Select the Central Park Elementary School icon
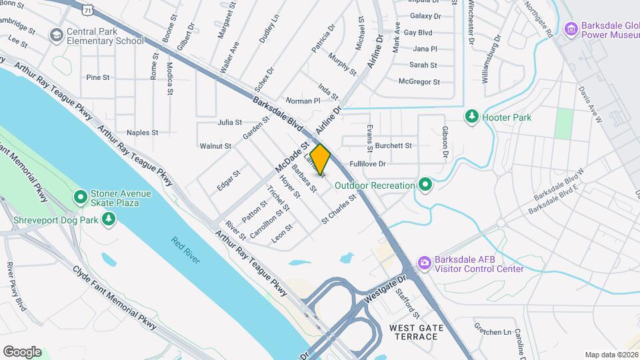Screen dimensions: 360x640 coord(57,35)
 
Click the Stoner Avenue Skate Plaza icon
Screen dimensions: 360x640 coord(80,197)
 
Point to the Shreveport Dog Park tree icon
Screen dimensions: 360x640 coord(108,219)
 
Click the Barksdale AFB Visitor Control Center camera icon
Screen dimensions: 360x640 coord(423,264)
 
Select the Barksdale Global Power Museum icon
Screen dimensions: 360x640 coord(570,29)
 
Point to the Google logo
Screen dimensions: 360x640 coord(22,352)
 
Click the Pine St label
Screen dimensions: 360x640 coord(98,77)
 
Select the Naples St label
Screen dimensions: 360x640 coord(142,133)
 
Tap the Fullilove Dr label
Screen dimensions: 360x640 coord(368,163)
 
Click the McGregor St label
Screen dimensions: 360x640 coord(419,82)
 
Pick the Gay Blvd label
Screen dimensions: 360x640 coord(418,32)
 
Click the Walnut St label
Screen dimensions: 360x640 coord(215,146)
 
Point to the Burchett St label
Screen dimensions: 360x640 coord(393,145)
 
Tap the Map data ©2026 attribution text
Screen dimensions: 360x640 coord(611,355)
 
